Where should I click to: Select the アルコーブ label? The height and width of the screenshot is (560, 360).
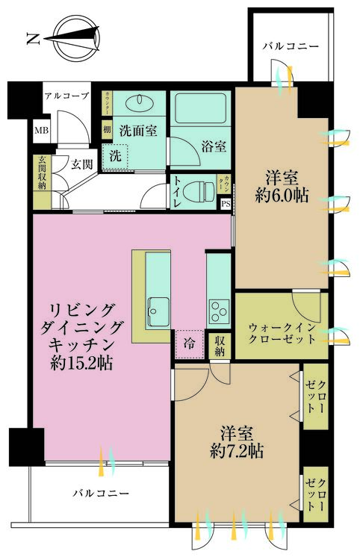coord(66,96)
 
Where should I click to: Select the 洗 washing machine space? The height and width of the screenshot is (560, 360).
coord(116,156)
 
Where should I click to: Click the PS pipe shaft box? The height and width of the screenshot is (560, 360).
coord(226,203)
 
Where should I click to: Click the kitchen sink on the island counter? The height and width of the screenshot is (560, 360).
coord(158,307)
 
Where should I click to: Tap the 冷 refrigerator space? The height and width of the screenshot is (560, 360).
coord(189,344)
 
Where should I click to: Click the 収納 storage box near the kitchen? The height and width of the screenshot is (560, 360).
coord(220,346)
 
